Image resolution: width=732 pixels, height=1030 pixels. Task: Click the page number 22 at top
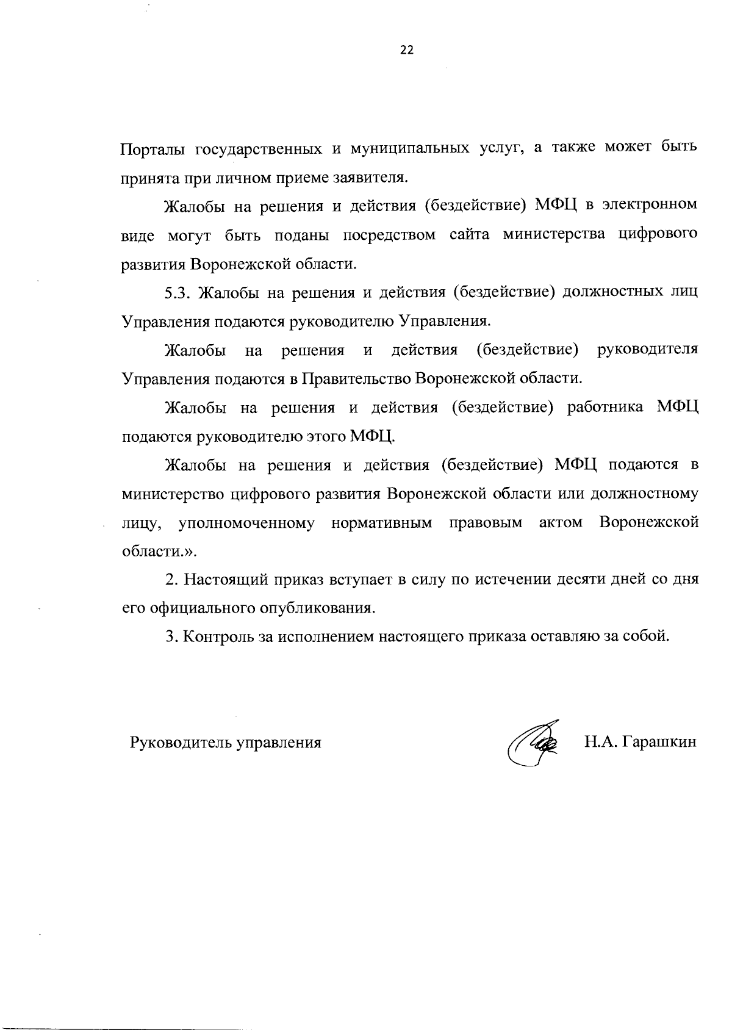pos(407,51)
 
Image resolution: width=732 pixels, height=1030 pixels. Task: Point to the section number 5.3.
pos(178,294)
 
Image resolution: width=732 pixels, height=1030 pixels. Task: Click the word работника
pos(605,408)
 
